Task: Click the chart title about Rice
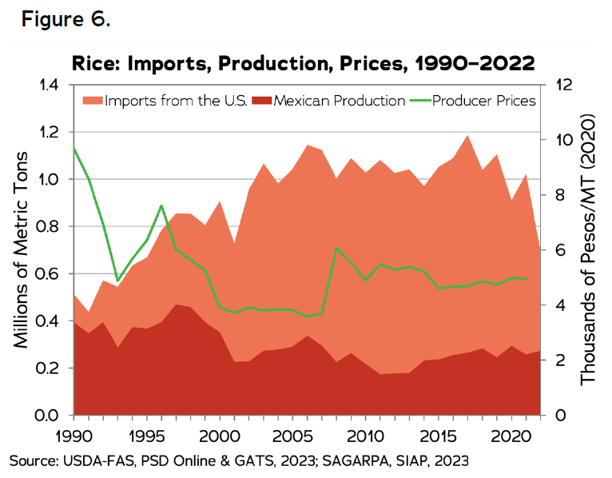click(303, 62)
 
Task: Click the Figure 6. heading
click(66, 19)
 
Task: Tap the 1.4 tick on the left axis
click(49, 85)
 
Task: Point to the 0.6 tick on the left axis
click(49, 274)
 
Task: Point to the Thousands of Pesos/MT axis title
click(589, 249)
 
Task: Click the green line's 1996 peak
click(161, 205)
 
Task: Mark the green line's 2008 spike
click(336, 248)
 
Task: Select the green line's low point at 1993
click(117, 281)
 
